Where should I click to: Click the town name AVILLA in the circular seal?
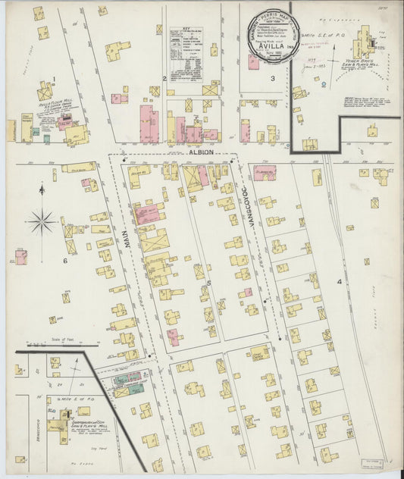click(271, 42)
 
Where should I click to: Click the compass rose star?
click(41, 222)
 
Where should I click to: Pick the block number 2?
click(164, 78)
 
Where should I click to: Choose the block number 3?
click(271, 78)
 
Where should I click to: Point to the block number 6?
click(65, 261)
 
